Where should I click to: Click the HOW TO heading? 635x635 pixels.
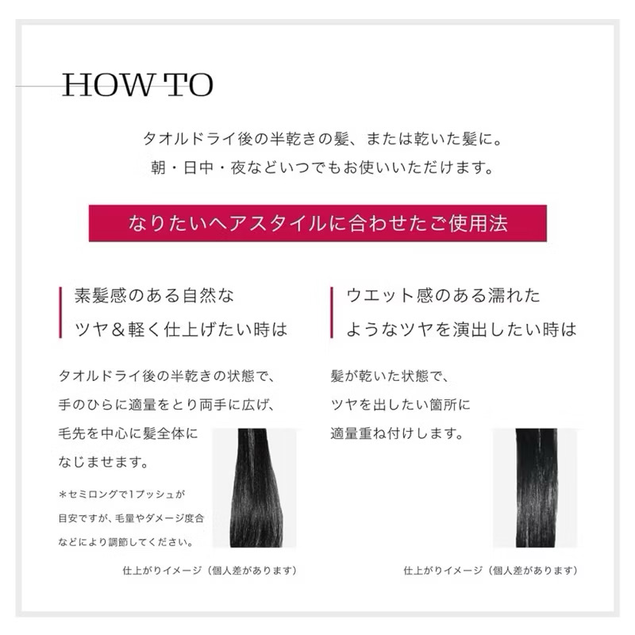tap(137, 85)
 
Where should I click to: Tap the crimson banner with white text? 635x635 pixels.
tap(317, 223)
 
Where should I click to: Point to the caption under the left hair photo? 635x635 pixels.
tap(210, 570)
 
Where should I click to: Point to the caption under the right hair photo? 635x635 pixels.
tap(490, 570)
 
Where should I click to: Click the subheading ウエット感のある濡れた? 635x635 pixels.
tap(443, 296)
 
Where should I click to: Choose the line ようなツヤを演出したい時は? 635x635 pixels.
tap(461, 329)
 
